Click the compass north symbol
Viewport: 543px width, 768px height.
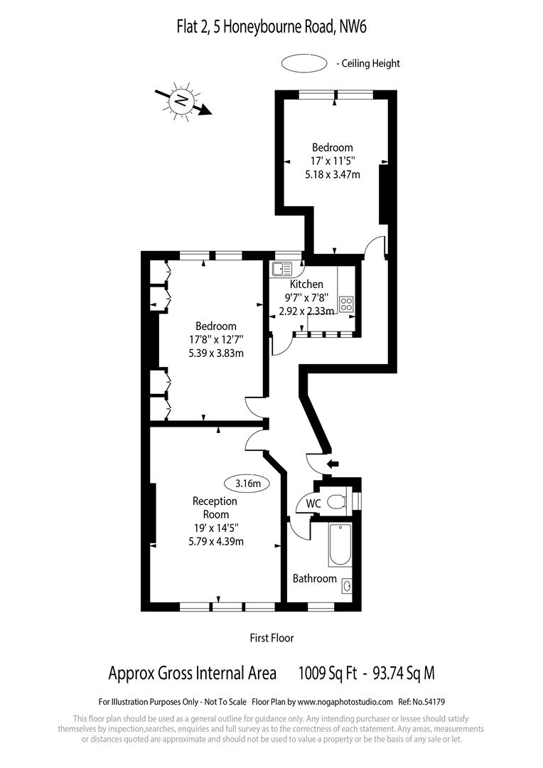tap(181, 100)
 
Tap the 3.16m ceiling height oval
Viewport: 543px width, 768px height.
tap(248, 484)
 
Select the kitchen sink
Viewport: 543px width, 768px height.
tap(281, 268)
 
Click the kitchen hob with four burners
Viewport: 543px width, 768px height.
tap(347, 304)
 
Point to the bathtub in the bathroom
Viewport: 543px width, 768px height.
tap(340, 544)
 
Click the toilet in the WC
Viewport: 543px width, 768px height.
tap(338, 502)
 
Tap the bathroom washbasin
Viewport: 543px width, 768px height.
tap(346, 587)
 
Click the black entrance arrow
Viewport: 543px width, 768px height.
tap(332, 464)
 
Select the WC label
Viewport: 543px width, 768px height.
tap(313, 503)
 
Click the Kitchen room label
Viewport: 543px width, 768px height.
tap(306, 284)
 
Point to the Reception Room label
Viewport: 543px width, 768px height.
tap(215, 508)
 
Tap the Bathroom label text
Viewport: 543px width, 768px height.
tap(314, 578)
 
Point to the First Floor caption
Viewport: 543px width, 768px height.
tap(271, 638)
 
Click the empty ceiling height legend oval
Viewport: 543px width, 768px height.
tap(303, 63)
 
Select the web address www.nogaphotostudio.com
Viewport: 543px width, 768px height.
tap(341, 700)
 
